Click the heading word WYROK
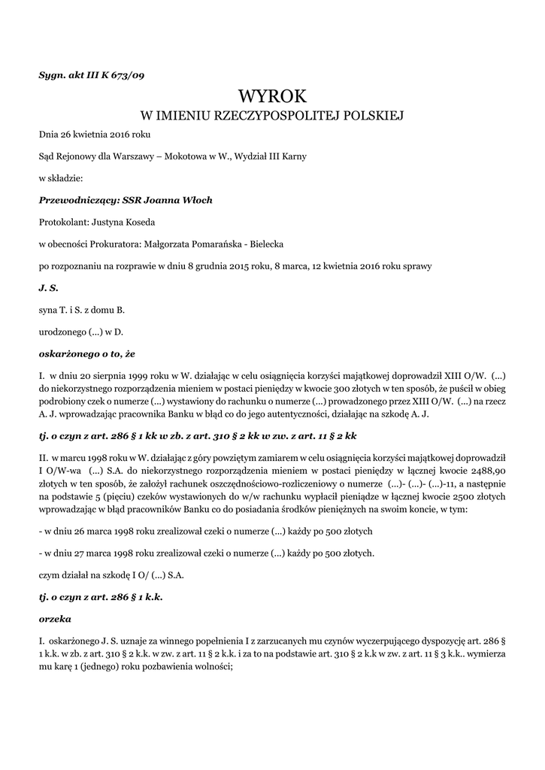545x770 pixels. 272,96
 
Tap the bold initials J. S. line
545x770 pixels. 48,287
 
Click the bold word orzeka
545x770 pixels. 55,619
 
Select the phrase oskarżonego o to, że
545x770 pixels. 86,353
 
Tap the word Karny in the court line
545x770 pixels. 292,156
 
